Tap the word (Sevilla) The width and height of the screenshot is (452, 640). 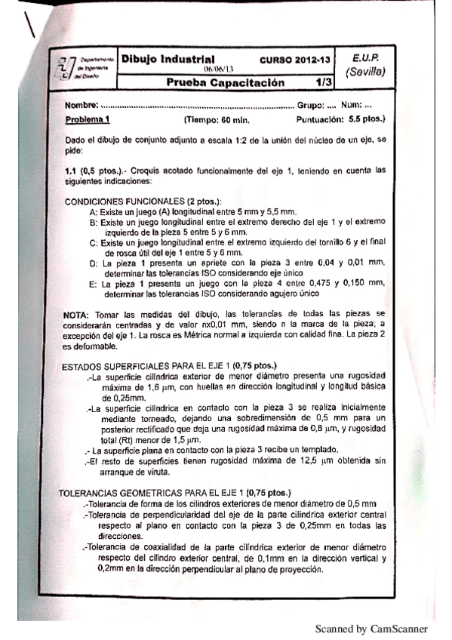click(365, 72)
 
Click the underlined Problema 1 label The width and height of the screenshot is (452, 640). click(88, 119)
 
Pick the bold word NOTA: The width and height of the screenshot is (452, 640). click(80, 313)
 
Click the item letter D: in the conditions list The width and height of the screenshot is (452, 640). click(94, 263)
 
